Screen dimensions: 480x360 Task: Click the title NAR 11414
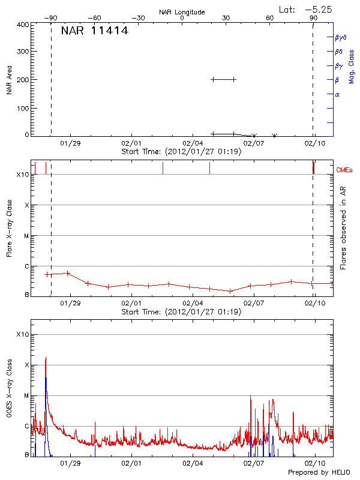point(94,31)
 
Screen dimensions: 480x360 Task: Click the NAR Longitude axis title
point(182,12)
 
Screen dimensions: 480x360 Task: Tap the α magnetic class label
point(337,95)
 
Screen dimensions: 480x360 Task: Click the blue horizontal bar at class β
point(223,79)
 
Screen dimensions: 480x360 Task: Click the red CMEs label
point(344,170)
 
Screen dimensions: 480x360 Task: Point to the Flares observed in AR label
point(343,227)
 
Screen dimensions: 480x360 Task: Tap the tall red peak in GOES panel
point(46,359)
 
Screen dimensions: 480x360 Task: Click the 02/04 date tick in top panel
point(193,144)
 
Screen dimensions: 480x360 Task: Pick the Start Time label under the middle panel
point(181,312)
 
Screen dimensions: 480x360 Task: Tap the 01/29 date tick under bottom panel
point(70,463)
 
